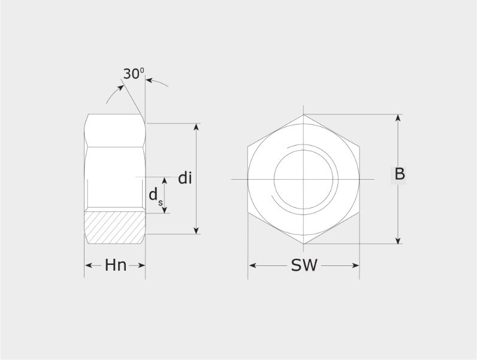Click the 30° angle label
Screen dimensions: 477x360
(134, 74)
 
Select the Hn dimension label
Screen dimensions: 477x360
(116, 265)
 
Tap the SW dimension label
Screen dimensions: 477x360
(304, 265)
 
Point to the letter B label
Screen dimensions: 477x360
(400, 174)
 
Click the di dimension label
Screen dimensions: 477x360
(185, 178)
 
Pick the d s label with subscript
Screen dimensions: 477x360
(155, 196)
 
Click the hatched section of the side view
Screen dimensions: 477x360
(114, 228)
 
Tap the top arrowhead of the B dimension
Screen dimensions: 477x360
(398, 118)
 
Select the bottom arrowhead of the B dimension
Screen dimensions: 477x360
(398, 240)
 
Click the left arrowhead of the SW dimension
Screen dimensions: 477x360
(252, 265)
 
